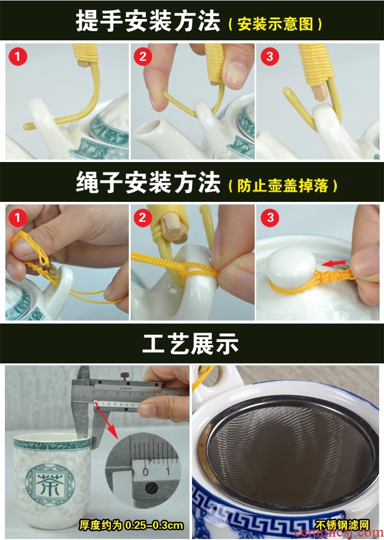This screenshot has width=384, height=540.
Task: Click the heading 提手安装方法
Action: (148, 20)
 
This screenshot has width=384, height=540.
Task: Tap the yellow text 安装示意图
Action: (275, 24)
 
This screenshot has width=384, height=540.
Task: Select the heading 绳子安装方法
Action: (148, 182)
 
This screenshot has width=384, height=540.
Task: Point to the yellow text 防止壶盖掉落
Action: (282, 186)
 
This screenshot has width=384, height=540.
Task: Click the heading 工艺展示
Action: (190, 343)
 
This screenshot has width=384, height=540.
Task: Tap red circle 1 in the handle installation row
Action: (18, 56)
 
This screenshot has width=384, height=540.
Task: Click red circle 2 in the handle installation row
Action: (143, 56)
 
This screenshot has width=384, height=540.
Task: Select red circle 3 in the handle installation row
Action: (270, 56)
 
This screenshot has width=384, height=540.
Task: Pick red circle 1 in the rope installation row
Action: (18, 217)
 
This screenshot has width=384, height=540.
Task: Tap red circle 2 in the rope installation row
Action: (143, 217)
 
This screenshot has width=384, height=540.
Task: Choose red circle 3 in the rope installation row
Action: (270, 217)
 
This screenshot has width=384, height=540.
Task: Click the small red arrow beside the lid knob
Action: (334, 264)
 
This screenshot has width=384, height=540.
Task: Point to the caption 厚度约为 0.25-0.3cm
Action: (131, 525)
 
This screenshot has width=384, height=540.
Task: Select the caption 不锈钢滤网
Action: (342, 525)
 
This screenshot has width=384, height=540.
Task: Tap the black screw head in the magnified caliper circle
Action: (152, 487)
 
